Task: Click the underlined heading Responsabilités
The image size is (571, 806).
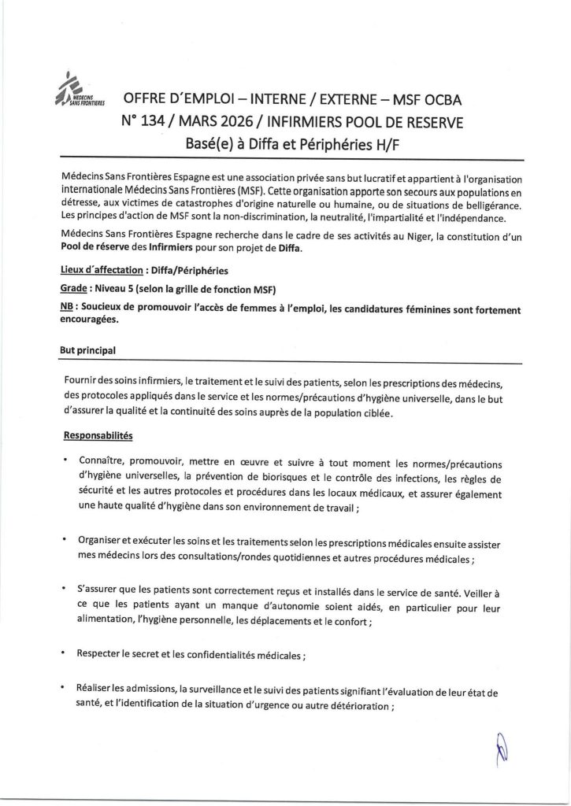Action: (98, 434)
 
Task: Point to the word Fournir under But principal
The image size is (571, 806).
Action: (83, 381)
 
